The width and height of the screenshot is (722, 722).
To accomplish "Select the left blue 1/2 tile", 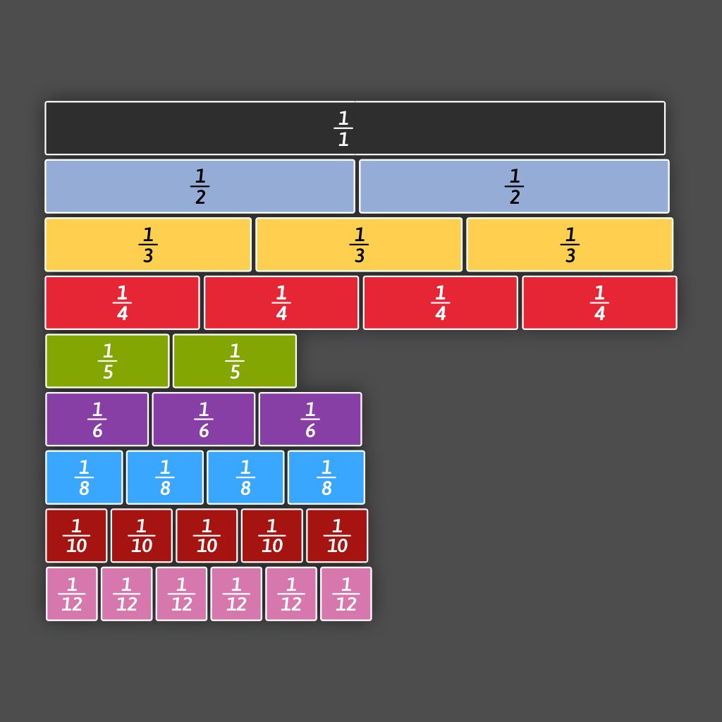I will (200, 186).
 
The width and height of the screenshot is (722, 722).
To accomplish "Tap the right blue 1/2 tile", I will (514, 186).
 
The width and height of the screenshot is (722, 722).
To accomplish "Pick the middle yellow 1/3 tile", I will (359, 245).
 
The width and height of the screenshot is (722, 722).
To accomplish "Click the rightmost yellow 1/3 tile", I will (570, 245).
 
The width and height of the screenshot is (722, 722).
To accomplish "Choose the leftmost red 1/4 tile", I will (122, 302).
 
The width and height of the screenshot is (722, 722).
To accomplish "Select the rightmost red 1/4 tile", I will (599, 302).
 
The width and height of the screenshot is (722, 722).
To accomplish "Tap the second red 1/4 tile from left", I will (281, 302).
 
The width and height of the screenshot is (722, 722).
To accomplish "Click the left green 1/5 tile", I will (107, 361).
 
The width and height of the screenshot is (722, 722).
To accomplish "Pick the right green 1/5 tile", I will (235, 361).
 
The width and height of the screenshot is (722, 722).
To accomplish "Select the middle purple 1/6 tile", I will (204, 420).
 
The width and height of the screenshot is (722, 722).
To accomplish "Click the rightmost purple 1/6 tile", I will (310, 420).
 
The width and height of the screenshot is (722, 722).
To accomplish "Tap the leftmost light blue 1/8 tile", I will (84, 477).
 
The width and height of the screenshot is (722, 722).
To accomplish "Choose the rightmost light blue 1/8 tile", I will (326, 477).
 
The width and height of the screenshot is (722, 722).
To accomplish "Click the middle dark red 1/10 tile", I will (207, 536).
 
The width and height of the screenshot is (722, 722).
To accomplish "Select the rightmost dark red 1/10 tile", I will (337, 536).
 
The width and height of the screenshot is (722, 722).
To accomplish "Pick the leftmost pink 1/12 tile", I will (72, 594).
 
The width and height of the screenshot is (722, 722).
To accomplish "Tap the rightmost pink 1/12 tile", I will (346, 594).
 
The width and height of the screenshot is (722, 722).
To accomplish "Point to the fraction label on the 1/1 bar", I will (343, 129).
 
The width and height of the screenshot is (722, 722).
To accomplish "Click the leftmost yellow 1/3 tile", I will (148, 245).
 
